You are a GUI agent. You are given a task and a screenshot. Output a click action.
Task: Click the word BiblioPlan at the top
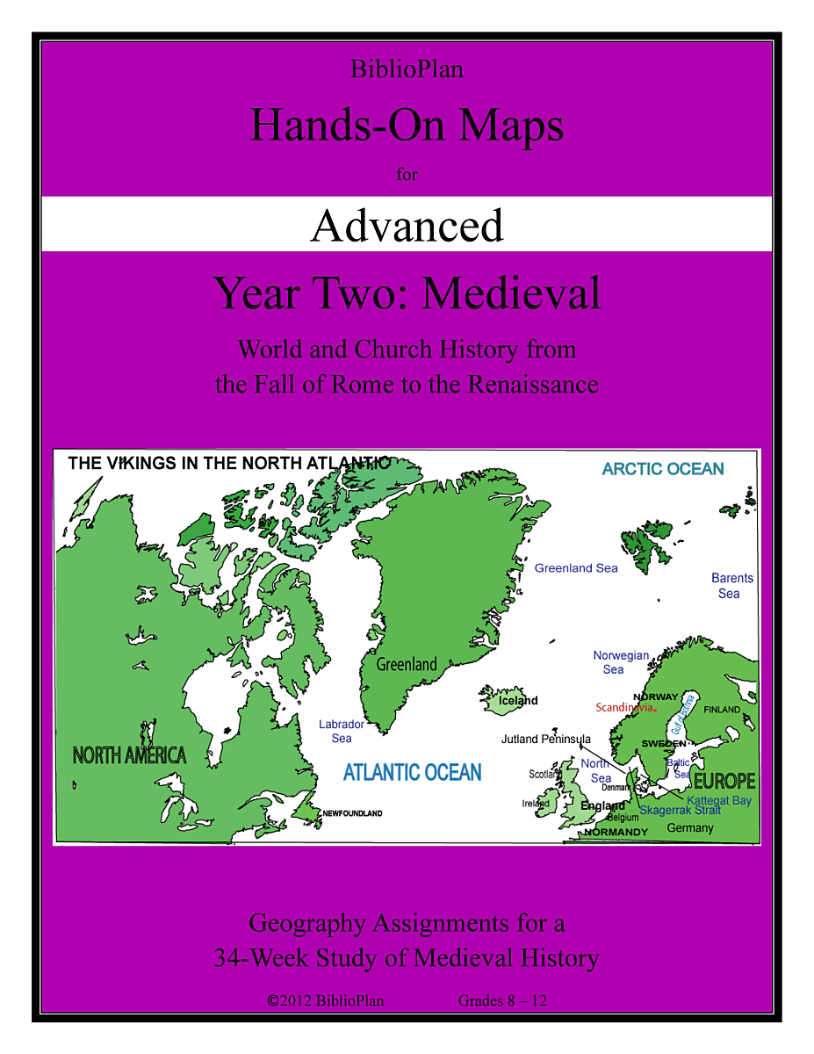407,69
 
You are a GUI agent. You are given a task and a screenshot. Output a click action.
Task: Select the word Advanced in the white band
407,226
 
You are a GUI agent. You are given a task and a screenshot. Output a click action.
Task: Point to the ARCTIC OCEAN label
663,469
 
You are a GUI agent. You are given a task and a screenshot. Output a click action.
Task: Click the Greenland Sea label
576,568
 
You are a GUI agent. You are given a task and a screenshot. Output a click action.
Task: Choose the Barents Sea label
731,586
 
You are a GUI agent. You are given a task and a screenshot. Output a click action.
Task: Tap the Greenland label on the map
407,665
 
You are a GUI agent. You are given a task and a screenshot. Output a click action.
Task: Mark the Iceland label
518,701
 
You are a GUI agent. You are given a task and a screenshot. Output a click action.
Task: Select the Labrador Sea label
342,731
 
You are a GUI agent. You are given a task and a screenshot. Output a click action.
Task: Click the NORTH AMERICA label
130,755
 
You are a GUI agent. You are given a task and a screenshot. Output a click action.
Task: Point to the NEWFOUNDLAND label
352,814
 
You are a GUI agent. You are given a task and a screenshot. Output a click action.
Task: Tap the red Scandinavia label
625,708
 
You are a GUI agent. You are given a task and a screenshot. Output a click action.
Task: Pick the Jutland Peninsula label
546,739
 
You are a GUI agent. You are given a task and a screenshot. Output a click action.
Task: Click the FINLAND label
722,710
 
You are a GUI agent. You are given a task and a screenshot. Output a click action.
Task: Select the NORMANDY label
616,832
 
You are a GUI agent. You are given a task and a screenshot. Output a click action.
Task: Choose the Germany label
690,828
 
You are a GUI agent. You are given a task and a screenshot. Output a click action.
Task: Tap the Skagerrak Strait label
680,811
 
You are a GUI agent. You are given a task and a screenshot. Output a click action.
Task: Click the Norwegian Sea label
620,662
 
